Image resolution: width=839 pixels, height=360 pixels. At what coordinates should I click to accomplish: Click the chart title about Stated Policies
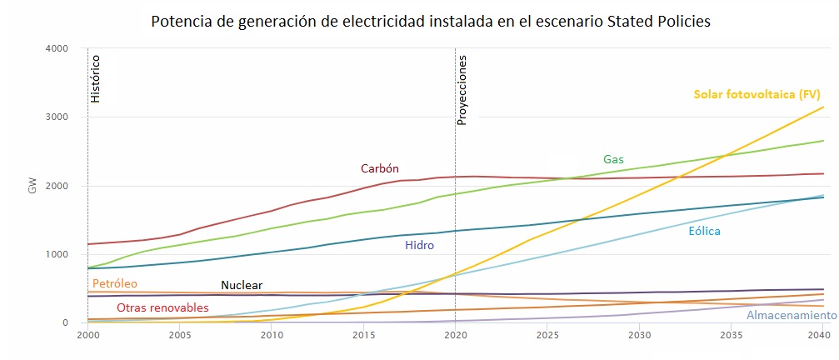[x=430, y=22]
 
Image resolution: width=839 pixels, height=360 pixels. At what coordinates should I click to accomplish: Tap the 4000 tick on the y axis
[x=57, y=48]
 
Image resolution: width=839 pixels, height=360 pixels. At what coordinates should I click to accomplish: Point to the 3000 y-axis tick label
[x=57, y=117]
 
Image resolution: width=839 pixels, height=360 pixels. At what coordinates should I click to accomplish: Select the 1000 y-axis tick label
[x=57, y=254]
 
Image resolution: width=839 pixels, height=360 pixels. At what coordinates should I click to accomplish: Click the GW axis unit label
[x=32, y=186]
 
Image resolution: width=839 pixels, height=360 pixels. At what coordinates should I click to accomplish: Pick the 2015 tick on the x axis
[x=363, y=335]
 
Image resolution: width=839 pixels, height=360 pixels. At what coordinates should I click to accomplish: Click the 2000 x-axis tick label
[x=87, y=335]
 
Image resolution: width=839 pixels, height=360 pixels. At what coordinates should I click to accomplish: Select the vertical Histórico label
[x=95, y=79]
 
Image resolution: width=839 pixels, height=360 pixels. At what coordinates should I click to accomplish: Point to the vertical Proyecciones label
[x=462, y=89]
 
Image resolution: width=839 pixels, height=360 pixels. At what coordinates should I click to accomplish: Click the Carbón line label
[x=379, y=168]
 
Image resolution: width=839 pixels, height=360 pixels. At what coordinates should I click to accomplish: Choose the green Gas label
[x=613, y=159]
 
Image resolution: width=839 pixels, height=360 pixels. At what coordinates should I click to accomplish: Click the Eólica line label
[x=704, y=231]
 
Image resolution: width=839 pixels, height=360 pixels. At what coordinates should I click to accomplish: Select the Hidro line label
[x=419, y=245]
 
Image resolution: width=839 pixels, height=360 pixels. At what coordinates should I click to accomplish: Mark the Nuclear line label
[x=242, y=286]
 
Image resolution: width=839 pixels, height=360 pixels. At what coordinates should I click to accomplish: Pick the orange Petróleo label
[x=114, y=283]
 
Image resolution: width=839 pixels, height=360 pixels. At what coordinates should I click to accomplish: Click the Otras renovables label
[x=162, y=307]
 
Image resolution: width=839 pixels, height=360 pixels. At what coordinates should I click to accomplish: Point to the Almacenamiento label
[x=791, y=316]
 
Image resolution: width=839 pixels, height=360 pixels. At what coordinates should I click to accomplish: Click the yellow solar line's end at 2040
[x=823, y=107]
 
